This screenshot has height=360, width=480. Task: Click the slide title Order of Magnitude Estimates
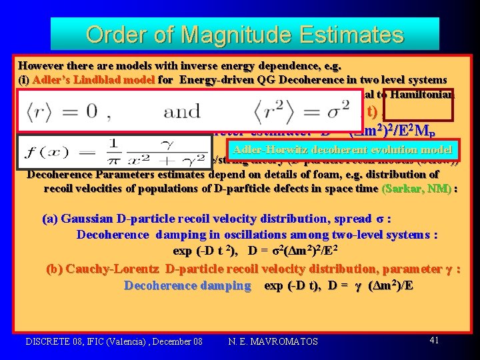click(245, 34)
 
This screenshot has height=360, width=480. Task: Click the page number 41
click(433, 340)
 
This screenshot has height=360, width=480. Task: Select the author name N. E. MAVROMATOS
click(273, 341)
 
